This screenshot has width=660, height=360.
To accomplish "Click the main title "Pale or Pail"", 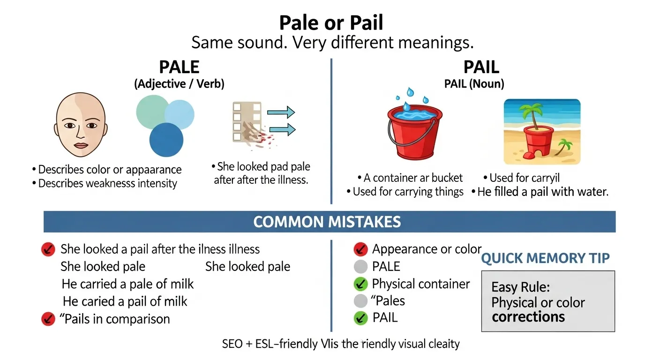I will [x=331, y=22].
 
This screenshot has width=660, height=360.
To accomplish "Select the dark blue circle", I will [x=166, y=140].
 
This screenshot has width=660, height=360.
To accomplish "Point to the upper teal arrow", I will [x=280, y=112].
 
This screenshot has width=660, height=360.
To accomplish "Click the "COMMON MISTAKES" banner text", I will [x=327, y=222].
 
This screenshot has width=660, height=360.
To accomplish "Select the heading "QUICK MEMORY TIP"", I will [x=546, y=258].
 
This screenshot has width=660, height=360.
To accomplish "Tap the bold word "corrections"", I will [x=528, y=317].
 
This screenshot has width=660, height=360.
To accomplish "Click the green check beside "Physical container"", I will [x=360, y=284].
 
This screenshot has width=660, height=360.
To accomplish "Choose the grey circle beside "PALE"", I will [x=360, y=267].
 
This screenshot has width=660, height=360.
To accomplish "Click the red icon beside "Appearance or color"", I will [x=360, y=249].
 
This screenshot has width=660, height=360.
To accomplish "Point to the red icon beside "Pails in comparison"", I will [x=48, y=319].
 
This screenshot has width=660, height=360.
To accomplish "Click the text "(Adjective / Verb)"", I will [x=179, y=84].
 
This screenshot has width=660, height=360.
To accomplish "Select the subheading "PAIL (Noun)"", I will [x=474, y=84].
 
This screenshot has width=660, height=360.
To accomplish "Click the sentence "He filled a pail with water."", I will [x=542, y=192].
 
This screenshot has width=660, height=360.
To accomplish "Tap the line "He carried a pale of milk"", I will [x=127, y=284].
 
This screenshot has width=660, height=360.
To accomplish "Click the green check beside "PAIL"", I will [x=360, y=318].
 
